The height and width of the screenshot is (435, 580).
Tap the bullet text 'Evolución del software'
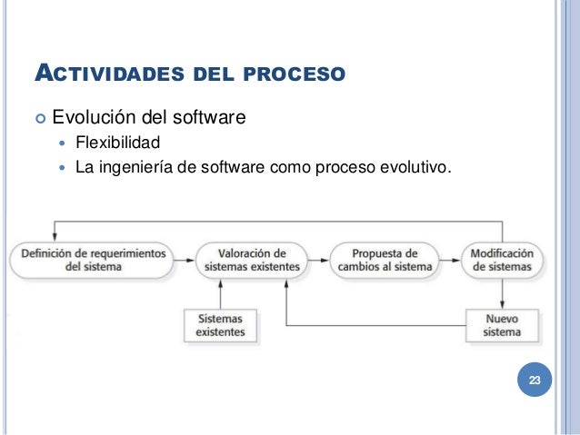[149, 117]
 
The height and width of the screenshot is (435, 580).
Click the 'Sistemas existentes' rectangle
[220, 325]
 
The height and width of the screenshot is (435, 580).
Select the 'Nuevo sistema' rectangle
[503, 325]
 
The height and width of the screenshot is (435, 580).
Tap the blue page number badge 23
[534, 381]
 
